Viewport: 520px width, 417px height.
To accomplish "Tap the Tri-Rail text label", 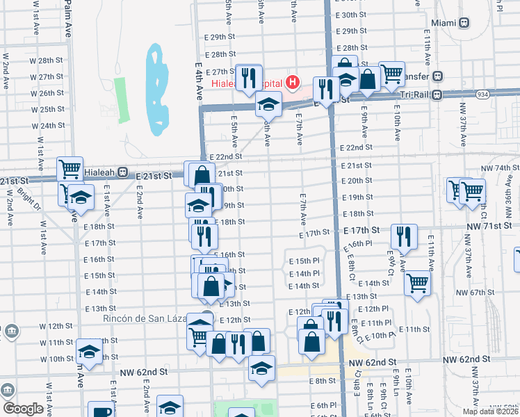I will [413, 95].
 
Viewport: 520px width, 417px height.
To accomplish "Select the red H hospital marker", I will [293, 83].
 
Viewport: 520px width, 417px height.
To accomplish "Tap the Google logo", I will [23, 409].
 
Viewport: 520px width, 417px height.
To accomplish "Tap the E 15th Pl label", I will [304, 261].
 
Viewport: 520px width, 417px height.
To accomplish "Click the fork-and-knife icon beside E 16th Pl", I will [403, 236].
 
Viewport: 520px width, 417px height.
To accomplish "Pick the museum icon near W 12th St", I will [12, 332].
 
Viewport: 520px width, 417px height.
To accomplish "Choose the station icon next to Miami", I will [464, 22].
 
